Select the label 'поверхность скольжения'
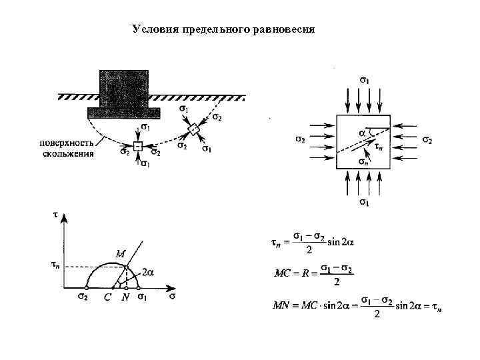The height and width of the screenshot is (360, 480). point(67,149)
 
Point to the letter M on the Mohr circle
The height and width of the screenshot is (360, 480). point(120,254)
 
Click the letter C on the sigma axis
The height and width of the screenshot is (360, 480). point(107,298)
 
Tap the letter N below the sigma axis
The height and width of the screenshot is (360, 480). point(125,298)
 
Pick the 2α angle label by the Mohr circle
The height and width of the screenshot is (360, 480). point(149,273)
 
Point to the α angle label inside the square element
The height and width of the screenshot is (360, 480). point(363,133)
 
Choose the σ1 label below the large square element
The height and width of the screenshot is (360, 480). point(365,201)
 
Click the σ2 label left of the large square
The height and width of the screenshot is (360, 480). point(300,140)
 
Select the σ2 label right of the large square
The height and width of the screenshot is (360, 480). point(427,140)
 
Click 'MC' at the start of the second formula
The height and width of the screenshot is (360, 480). point(283,273)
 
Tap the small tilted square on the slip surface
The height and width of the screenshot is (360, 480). point(193,129)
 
